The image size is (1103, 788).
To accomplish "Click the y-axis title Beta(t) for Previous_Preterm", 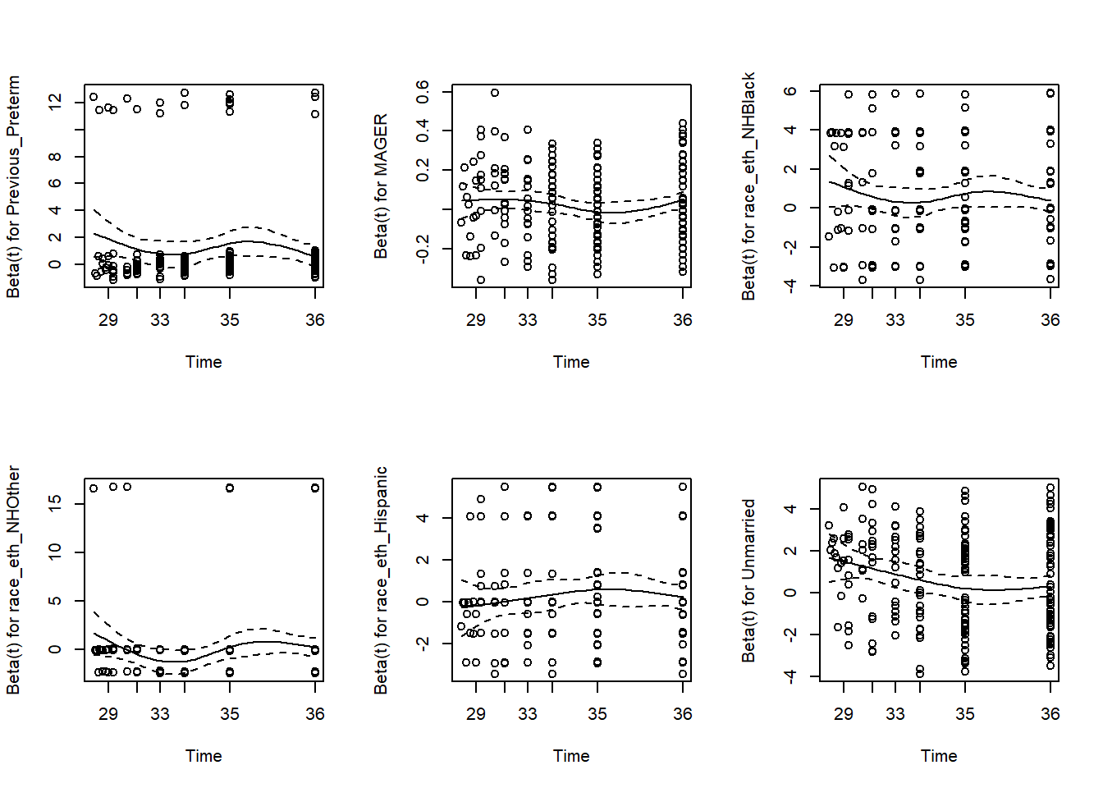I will coord(13,186).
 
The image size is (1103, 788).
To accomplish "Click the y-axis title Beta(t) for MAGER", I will coord(381,186).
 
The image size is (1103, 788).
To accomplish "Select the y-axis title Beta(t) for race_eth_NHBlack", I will coord(748,186).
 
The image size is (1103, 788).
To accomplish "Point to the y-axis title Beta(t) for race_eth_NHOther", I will coord(13,580).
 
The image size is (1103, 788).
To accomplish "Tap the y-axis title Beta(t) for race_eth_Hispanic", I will coord(381,580).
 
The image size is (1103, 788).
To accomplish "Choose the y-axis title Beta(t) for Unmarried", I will coord(748,580).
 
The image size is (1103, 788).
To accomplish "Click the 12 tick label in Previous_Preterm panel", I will coord(55,102).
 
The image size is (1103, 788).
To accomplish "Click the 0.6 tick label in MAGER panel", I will coord(423,91).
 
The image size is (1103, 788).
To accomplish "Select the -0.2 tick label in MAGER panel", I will coord(423,248).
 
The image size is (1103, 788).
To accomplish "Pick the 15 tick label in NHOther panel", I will coord(55,502).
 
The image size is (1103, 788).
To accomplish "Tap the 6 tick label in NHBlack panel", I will coord(790,91).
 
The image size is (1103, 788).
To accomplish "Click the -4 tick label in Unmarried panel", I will coord(790,676).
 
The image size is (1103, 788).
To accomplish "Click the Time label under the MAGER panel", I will coord(571,362).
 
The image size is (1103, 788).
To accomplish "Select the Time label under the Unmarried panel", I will coord(939,756).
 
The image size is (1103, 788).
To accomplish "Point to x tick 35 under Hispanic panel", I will coord(597,714).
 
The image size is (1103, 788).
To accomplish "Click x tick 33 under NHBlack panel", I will coord(895,320).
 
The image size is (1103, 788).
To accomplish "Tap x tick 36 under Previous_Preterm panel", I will coord(315,320).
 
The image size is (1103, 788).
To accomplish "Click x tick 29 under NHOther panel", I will coord(108,714).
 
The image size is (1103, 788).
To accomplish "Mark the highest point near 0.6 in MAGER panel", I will coord(495,93).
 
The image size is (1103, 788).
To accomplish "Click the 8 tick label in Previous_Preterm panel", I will coord(55,156).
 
